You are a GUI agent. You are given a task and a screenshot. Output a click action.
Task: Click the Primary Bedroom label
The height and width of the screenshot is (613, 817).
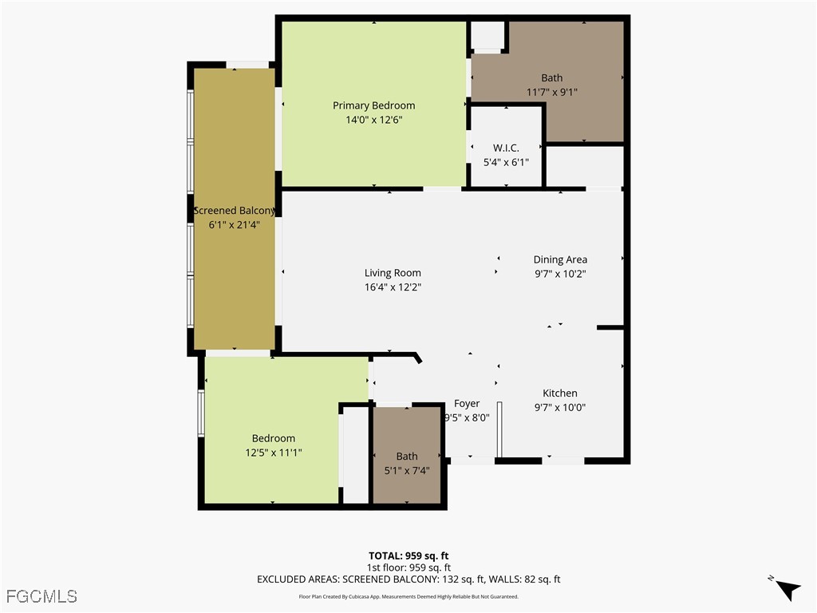point(374,106)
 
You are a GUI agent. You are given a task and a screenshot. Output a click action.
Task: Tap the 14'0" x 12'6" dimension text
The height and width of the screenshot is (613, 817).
point(374,120)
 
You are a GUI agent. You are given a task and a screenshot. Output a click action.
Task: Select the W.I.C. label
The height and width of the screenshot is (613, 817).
point(506,148)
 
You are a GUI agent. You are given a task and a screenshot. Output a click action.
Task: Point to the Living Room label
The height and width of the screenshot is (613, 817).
point(393,273)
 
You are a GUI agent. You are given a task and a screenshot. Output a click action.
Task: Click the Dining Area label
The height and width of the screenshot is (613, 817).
point(560,259)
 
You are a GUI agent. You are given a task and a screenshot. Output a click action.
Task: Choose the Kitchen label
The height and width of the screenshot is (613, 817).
point(560,394)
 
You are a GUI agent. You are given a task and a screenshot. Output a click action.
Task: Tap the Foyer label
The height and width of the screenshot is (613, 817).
point(466,404)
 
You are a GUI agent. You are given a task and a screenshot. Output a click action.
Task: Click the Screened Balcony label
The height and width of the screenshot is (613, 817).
point(235,211)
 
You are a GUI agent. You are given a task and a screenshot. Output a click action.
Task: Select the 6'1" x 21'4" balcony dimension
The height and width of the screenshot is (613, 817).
point(235,225)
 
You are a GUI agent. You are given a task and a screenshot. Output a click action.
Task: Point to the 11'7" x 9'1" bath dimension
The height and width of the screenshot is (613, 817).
point(552,93)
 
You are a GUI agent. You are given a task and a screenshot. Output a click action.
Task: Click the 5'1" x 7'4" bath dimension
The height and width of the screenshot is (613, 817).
point(407,471)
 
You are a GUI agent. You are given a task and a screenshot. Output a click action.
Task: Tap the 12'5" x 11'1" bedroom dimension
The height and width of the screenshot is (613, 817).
point(274,453)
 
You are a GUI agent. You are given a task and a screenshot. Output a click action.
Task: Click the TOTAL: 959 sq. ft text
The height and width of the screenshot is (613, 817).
point(408,556)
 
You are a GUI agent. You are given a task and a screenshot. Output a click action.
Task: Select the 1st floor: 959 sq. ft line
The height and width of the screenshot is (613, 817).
point(408,568)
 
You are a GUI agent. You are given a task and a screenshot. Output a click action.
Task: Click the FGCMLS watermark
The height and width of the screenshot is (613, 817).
point(41,596)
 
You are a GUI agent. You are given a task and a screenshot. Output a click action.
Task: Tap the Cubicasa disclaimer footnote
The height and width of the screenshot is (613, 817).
point(408,597)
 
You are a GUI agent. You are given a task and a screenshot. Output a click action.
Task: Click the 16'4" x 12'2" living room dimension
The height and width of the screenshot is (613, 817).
point(393,287)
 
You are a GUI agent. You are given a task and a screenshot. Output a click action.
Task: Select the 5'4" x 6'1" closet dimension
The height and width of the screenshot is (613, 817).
point(506,163)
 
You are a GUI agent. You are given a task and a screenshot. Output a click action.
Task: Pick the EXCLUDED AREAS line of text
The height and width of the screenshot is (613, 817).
point(408,579)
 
